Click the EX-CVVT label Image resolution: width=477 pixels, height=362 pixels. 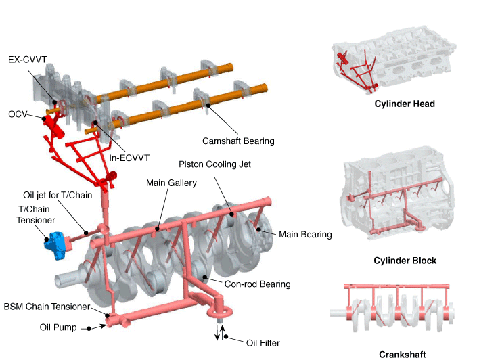click(28, 60)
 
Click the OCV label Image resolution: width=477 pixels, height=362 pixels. click(17, 114)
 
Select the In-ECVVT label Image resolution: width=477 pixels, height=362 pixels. click(129, 158)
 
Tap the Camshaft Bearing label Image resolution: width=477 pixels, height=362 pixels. click(238, 141)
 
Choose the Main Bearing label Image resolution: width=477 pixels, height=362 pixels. click(305, 235)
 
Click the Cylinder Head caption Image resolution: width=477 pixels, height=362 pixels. click(405, 104)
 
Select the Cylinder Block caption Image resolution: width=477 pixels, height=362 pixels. click(405, 261)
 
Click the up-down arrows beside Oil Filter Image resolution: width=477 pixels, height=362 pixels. click(221, 333)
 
